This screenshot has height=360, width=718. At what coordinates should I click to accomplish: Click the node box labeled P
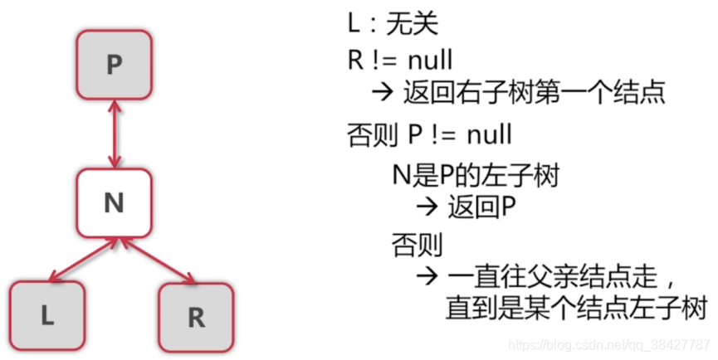tap(115, 65)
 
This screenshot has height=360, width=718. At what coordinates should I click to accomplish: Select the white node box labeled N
tap(115, 202)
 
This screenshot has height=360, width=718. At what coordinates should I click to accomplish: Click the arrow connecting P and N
tap(115, 133)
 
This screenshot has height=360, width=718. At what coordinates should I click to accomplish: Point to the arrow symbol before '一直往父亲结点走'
tap(428, 275)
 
